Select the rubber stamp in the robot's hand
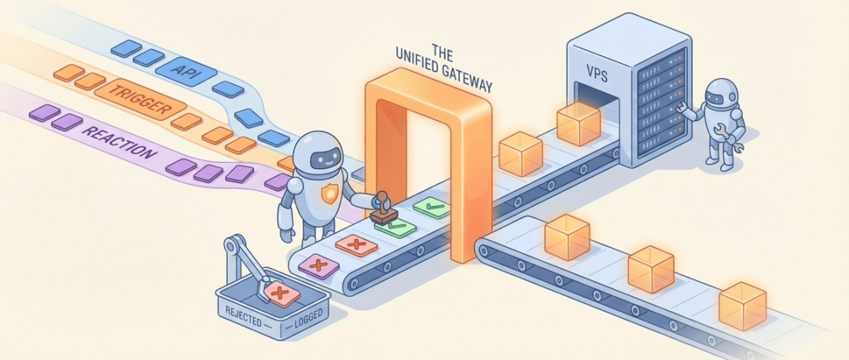[x=384, y=209]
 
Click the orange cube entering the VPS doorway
[x=578, y=122]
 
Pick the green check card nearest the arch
[x=432, y=208]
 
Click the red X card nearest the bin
[x=318, y=265]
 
